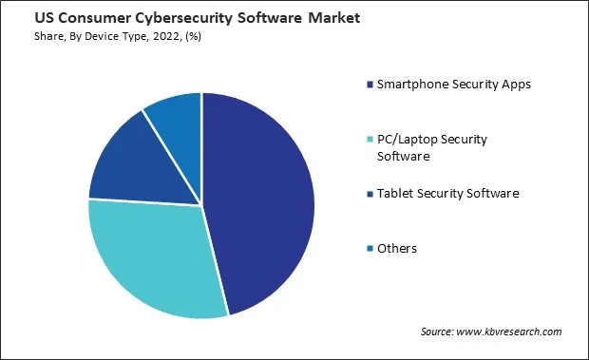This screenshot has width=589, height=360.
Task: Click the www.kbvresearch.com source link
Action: pos(512,332)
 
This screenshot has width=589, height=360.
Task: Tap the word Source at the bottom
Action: pos(439,332)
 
